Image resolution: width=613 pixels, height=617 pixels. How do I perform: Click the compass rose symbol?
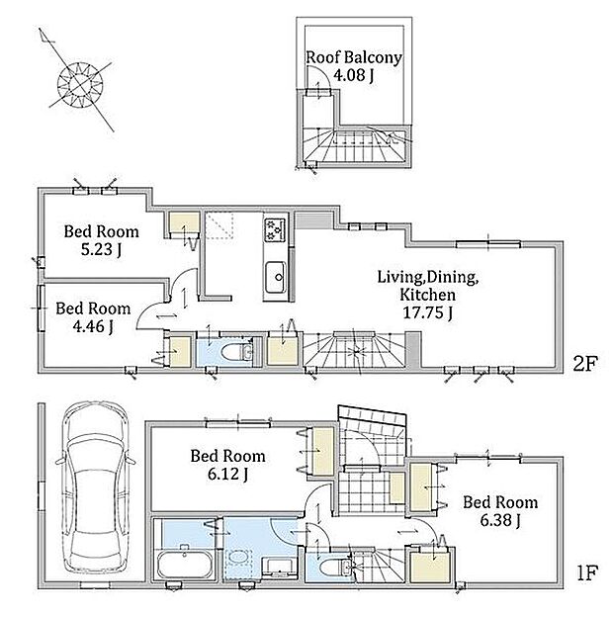80,84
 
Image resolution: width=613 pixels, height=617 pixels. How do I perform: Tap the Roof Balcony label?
354,57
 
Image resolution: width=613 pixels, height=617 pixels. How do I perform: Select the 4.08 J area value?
354,75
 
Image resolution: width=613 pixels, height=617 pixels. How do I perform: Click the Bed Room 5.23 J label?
102,240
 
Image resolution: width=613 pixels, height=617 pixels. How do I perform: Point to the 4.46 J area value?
93,326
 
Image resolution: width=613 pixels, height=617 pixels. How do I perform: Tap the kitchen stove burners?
276,229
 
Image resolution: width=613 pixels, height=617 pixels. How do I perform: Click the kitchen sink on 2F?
276,277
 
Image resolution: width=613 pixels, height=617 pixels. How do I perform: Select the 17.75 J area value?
428,312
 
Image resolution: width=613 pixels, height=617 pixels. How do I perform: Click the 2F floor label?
585,364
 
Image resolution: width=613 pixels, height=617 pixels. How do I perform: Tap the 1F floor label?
587,573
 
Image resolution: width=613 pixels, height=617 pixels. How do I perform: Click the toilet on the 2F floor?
237,352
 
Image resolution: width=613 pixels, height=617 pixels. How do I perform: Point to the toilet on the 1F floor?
335,568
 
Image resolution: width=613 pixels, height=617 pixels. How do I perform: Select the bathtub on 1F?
185,565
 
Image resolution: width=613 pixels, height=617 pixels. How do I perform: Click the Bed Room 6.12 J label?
227,465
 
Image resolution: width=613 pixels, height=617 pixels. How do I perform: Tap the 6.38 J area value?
500,520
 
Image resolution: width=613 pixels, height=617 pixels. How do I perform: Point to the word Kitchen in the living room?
428,295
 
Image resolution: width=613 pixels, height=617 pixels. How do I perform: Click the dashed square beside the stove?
219,225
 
